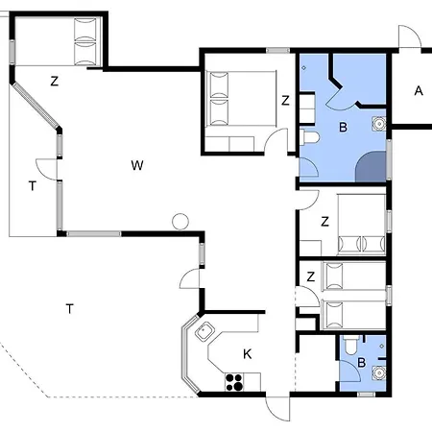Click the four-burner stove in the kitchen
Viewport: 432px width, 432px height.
pos(234,381)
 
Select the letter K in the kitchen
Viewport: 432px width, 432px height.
pos(247,354)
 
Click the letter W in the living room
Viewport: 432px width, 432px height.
pos(137,165)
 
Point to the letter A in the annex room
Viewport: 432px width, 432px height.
pos(418,91)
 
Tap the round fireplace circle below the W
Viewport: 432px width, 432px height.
pos(179,221)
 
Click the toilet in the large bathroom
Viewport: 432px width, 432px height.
pos(309,139)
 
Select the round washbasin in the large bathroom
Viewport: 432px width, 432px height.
pos(379,123)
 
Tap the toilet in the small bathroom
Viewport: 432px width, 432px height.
pos(351,348)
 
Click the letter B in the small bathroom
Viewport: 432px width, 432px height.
pos(361,362)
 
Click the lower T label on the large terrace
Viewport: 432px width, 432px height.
pos(69,308)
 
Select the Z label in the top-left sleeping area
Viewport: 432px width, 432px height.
pos(55,82)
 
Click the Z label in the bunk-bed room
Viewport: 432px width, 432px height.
pos(310,276)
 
